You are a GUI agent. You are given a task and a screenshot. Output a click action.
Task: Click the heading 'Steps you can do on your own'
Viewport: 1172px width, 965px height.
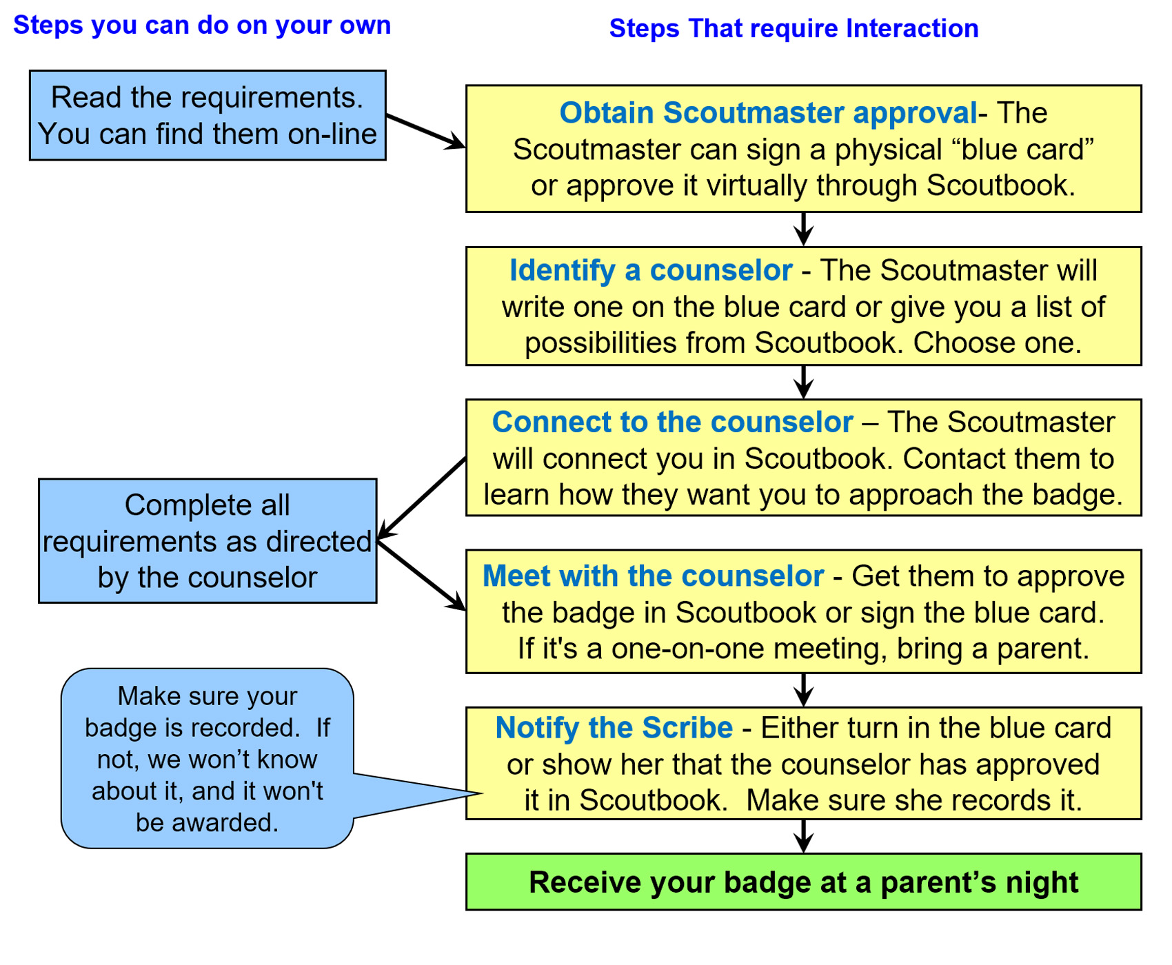click(x=202, y=26)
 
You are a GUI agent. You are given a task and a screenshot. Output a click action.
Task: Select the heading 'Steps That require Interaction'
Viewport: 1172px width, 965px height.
click(x=794, y=29)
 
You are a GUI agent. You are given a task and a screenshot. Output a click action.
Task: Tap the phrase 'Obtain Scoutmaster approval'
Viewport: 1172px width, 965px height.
click(x=767, y=113)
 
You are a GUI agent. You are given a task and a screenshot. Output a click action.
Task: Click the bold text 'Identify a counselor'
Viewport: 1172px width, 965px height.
click(x=650, y=271)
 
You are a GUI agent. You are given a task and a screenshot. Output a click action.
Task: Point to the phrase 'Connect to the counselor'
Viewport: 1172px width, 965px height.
click(x=672, y=423)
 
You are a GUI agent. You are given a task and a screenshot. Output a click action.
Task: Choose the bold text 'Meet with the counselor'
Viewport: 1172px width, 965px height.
click(x=653, y=576)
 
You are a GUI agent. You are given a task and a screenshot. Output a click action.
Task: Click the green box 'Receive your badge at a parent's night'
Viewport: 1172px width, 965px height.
click(x=803, y=882)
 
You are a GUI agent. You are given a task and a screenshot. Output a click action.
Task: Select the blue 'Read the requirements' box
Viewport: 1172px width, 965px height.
click(x=208, y=115)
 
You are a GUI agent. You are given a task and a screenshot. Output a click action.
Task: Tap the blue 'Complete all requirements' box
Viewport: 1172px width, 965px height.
click(x=208, y=541)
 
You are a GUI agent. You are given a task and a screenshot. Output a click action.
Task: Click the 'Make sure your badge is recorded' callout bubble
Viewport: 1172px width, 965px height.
click(x=207, y=758)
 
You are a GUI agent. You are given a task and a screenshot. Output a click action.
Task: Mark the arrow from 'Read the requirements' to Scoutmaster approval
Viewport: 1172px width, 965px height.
click(x=425, y=131)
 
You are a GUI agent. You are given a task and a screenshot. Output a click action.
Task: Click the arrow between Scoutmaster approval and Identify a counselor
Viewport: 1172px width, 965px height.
click(x=803, y=230)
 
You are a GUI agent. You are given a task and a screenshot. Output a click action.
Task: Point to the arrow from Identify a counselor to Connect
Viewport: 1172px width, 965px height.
click(x=803, y=382)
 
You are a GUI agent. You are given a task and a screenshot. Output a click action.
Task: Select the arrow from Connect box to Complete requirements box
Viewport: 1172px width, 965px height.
click(x=422, y=497)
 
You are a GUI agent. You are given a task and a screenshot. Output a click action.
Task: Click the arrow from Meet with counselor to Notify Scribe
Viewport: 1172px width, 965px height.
click(x=803, y=690)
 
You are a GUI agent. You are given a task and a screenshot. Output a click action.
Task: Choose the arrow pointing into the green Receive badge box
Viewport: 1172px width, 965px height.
click(x=803, y=836)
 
